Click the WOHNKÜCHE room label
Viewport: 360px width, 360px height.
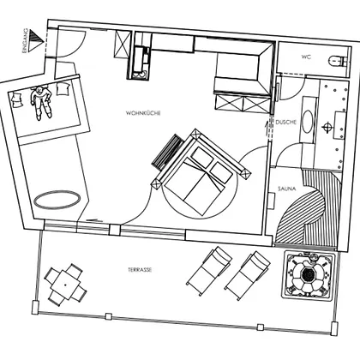[x=143, y=113]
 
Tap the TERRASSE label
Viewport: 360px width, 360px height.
[x=140, y=269]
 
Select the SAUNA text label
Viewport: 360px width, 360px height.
[x=286, y=189]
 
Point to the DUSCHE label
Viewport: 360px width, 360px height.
[x=286, y=122]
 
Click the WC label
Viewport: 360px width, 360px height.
[x=306, y=57]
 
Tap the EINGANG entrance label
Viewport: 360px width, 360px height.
[x=25, y=40]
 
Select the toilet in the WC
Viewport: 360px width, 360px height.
[x=338, y=61]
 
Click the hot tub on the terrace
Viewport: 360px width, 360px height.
[x=308, y=275]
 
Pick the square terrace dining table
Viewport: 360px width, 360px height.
[x=65, y=285]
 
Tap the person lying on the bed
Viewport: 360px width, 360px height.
[x=41, y=102]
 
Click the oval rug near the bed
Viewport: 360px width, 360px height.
[x=57, y=200]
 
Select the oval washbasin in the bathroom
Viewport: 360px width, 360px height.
[x=308, y=122]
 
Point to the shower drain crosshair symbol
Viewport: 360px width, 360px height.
[x=327, y=127]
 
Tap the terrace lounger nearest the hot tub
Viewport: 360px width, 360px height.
[x=248, y=275]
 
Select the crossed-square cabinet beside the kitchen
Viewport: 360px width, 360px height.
[x=123, y=45]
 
